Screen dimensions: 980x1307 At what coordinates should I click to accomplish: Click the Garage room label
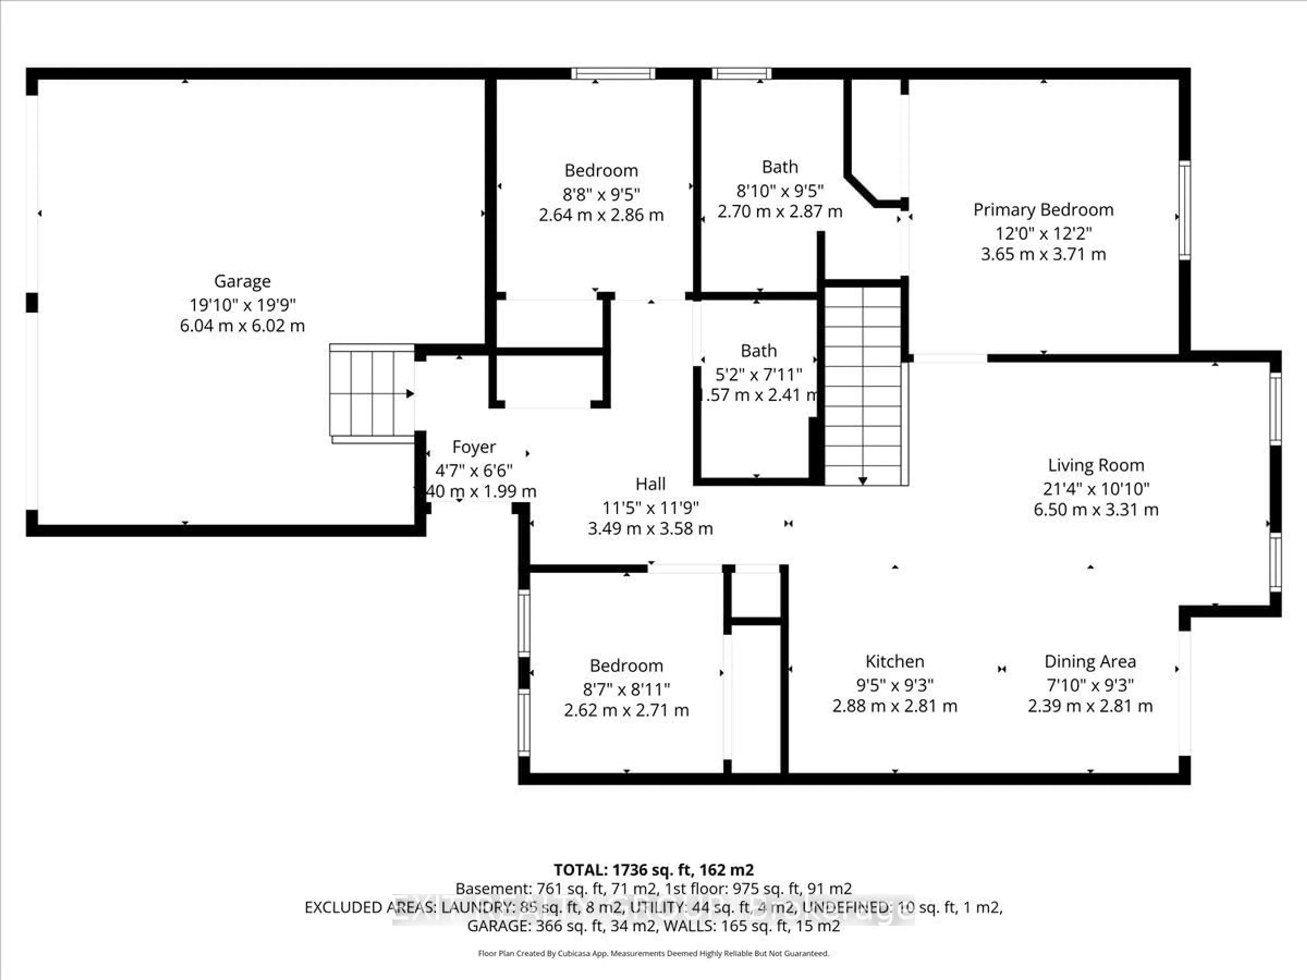[242, 281]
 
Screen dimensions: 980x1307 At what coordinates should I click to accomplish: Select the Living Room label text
[1096, 465]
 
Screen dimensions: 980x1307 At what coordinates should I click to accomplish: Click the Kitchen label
[894, 661]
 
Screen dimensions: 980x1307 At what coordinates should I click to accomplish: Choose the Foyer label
[473, 447]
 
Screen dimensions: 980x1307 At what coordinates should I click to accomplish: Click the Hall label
[650, 485]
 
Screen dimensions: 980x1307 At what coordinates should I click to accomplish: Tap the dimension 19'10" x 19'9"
[242, 305]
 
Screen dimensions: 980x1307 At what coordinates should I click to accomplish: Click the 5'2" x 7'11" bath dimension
[759, 375]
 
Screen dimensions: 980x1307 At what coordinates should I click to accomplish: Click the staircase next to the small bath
[863, 384]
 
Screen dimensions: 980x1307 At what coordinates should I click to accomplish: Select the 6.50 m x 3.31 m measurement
[1096, 510]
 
